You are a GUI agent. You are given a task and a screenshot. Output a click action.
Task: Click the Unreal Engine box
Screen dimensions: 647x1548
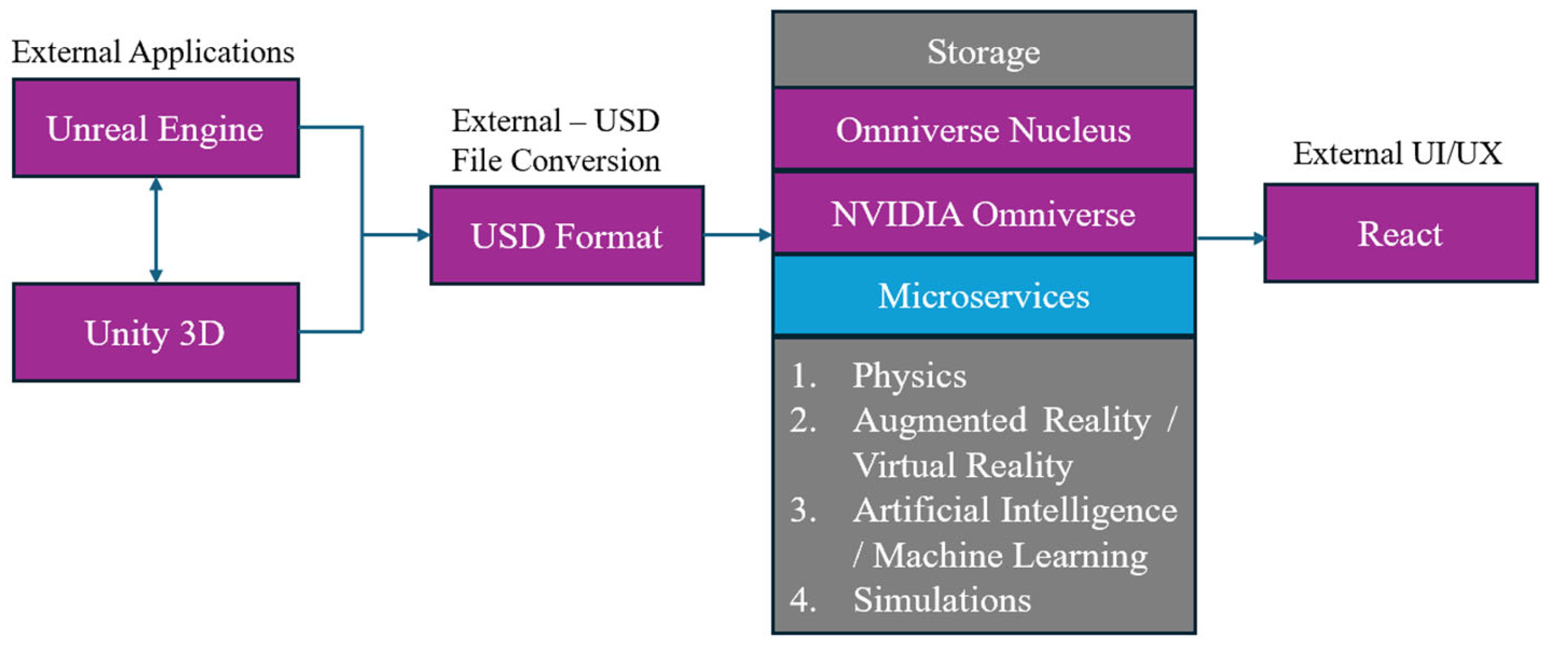(156, 128)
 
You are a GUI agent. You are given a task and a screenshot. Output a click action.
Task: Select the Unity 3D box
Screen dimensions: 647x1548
(156, 333)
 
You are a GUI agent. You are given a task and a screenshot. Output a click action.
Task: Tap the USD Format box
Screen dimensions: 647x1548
(567, 236)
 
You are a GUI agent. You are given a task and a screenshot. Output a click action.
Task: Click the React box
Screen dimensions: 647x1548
(1400, 233)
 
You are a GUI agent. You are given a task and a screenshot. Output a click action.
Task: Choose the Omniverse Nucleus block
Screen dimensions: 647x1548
(983, 129)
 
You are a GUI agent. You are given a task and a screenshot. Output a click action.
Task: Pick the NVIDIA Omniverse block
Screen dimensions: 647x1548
(983, 213)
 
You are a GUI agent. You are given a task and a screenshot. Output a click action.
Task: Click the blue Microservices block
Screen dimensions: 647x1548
(983, 295)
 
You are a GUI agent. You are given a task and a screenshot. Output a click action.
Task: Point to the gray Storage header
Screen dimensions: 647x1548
(983, 51)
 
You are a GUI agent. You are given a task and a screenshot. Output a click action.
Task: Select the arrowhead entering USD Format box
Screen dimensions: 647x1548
(424, 235)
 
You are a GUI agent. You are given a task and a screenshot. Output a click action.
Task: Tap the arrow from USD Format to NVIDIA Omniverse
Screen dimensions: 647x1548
(738, 235)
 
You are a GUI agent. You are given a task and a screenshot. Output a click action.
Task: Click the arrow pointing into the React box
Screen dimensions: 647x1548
(1232, 238)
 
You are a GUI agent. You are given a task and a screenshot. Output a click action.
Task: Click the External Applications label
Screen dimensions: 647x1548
(153, 52)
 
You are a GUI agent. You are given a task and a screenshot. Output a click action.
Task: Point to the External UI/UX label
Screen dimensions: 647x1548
(1397, 153)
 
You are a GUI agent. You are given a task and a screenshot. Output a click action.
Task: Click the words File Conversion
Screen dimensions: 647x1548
(556, 161)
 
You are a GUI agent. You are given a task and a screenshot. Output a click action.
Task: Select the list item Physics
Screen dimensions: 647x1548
(909, 376)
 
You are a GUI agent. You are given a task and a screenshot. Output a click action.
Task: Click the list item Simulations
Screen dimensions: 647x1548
(942, 600)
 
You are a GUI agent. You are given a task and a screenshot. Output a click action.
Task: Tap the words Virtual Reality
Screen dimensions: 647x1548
(963, 465)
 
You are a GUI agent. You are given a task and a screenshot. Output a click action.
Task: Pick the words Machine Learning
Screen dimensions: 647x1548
(1010, 555)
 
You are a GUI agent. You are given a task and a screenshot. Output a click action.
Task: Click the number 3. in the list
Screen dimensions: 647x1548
(803, 510)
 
